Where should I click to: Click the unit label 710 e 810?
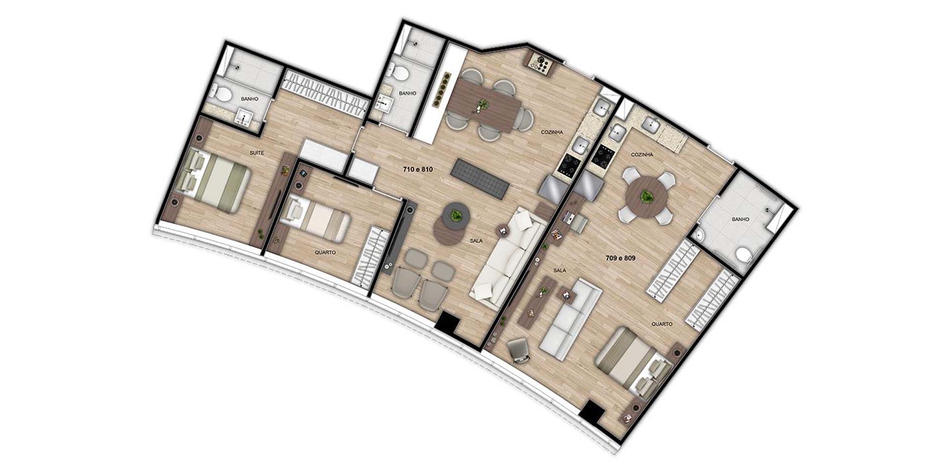coord(418,169)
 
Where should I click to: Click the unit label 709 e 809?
coord(620,258)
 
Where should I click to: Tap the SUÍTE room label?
coord(256,153)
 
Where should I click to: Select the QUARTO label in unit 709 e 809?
coord(662,324)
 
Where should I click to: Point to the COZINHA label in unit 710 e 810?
coord(552,132)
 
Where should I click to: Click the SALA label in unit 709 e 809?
coord(560,270)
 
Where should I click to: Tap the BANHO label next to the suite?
coord(249,99)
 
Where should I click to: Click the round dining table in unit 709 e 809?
coord(646,197)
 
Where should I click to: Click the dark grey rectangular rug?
coord(480,179)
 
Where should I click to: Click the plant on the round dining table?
coord(646,196)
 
